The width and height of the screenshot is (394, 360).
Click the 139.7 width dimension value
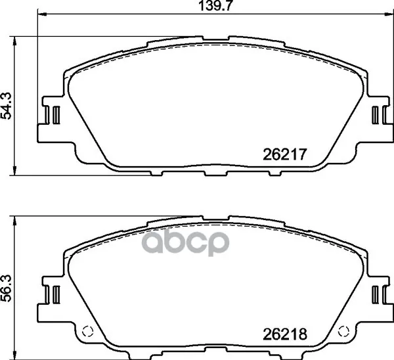point(214,5)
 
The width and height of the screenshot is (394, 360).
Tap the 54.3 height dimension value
point(6,106)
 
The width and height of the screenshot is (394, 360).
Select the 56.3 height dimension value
point(6,288)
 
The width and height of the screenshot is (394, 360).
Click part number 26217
point(285,154)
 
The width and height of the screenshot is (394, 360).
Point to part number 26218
point(285,334)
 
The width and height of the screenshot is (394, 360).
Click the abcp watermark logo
point(185,242)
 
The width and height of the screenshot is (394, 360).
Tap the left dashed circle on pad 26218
point(88,331)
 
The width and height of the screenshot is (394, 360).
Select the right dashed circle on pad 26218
point(343,331)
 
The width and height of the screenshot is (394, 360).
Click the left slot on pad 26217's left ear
point(56,115)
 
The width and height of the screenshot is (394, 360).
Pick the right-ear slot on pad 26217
point(375,115)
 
